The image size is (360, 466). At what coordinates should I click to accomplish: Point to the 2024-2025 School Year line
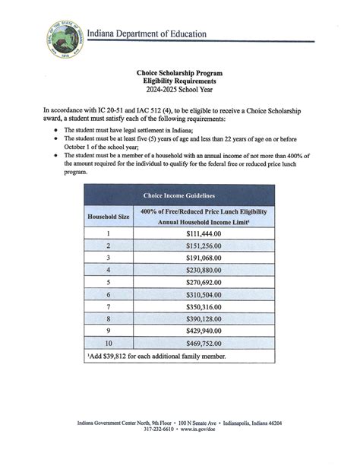click(x=180, y=89)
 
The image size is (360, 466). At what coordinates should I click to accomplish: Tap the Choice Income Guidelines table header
click(x=179, y=196)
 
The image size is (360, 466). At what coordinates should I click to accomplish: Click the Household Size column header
click(x=108, y=216)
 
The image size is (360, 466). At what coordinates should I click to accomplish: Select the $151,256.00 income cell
click(x=204, y=246)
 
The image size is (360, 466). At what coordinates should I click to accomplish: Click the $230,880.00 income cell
click(x=204, y=270)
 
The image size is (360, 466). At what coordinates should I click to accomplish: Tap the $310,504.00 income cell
click(x=204, y=294)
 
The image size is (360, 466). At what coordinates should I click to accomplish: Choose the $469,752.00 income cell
click(x=204, y=342)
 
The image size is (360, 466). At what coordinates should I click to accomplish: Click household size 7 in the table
click(x=108, y=306)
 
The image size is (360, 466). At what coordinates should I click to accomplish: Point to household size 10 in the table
click(x=108, y=342)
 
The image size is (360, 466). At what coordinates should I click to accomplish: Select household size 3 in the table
click(x=108, y=258)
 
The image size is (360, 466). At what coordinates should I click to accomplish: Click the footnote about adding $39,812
click(x=156, y=355)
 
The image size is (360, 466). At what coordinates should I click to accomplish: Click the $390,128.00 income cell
click(x=204, y=318)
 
